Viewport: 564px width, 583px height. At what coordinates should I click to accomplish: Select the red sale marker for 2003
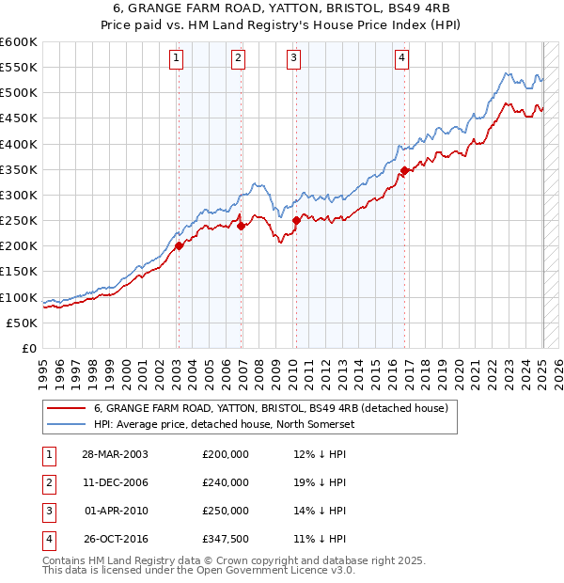pos(179,246)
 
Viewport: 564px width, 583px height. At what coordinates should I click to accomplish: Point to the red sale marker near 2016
pos(405,170)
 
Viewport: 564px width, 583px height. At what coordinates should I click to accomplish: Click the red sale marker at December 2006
pos(241,226)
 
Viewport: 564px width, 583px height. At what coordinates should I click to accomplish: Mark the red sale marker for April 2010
pos(296,221)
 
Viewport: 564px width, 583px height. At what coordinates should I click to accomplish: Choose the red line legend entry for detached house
pos(273,408)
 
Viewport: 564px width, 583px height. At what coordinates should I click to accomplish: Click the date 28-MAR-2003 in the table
pos(114,454)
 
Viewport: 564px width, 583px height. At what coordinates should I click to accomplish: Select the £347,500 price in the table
pos(227,539)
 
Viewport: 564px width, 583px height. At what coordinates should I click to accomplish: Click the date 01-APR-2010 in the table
pos(114,511)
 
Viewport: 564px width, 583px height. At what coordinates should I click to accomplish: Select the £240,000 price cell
pos(227,482)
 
